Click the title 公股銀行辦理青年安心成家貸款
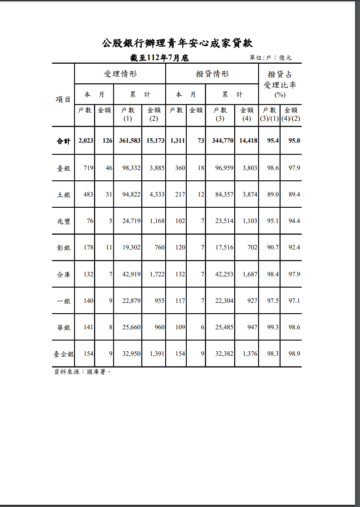tap(177, 43)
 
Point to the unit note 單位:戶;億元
tap(271, 58)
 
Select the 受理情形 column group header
tap(120, 74)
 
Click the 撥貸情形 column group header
tap(212, 74)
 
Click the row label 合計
tap(63, 141)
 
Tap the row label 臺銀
tap(63, 168)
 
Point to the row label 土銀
tap(63, 195)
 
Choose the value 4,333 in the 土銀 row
tap(157, 194)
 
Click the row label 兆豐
tap(63, 221)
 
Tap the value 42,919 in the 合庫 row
tap(132, 274)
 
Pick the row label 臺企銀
tap(63, 354)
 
